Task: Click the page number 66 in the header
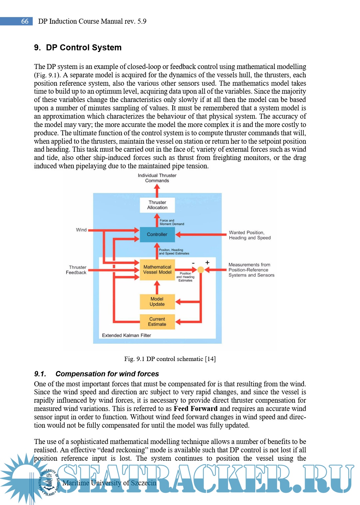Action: [25, 21]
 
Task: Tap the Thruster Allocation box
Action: [157, 205]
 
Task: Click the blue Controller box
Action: [157, 234]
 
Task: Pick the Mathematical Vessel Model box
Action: [157, 270]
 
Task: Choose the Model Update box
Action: [157, 302]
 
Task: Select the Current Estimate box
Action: [157, 322]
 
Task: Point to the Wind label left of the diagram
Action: [81, 230]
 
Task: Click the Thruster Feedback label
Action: [76, 270]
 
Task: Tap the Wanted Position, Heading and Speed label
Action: [250, 235]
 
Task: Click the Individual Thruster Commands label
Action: [157, 178]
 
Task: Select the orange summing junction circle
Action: [201, 270]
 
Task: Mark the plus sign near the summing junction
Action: [207, 263]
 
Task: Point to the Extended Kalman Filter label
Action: [126, 335]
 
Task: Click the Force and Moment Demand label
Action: [171, 222]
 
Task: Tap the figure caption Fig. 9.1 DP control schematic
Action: [170, 359]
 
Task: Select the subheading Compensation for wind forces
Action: [107, 374]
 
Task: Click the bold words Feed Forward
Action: [195, 409]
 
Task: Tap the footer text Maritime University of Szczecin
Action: [109, 483]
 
